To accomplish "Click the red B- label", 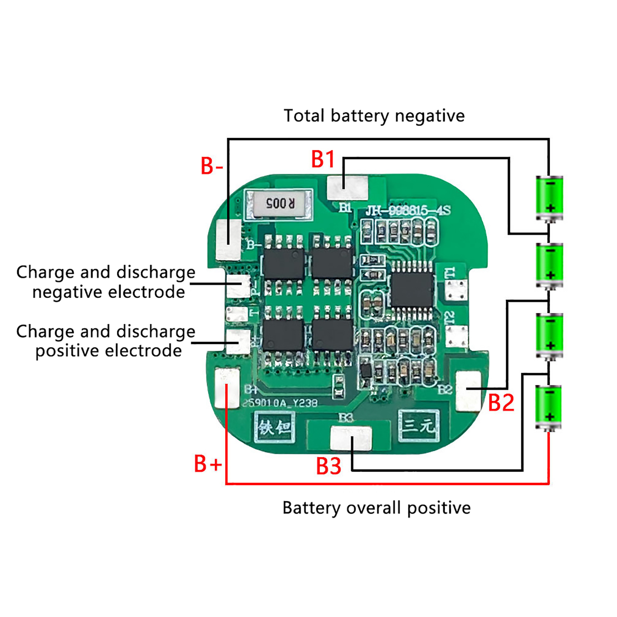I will [211, 166].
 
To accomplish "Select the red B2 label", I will [501, 403].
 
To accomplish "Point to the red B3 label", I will [329, 466].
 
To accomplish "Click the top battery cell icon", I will [550, 198].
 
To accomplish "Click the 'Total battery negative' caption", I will [374, 116].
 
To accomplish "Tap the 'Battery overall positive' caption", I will [376, 507].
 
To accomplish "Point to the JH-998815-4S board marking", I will [408, 211].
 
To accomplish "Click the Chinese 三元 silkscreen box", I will [418, 425].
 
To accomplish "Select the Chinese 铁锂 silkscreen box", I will [275, 427].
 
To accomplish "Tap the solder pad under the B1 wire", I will [347, 188].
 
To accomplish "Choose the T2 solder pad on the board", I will [457, 335].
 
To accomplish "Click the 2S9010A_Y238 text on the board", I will [280, 403].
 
